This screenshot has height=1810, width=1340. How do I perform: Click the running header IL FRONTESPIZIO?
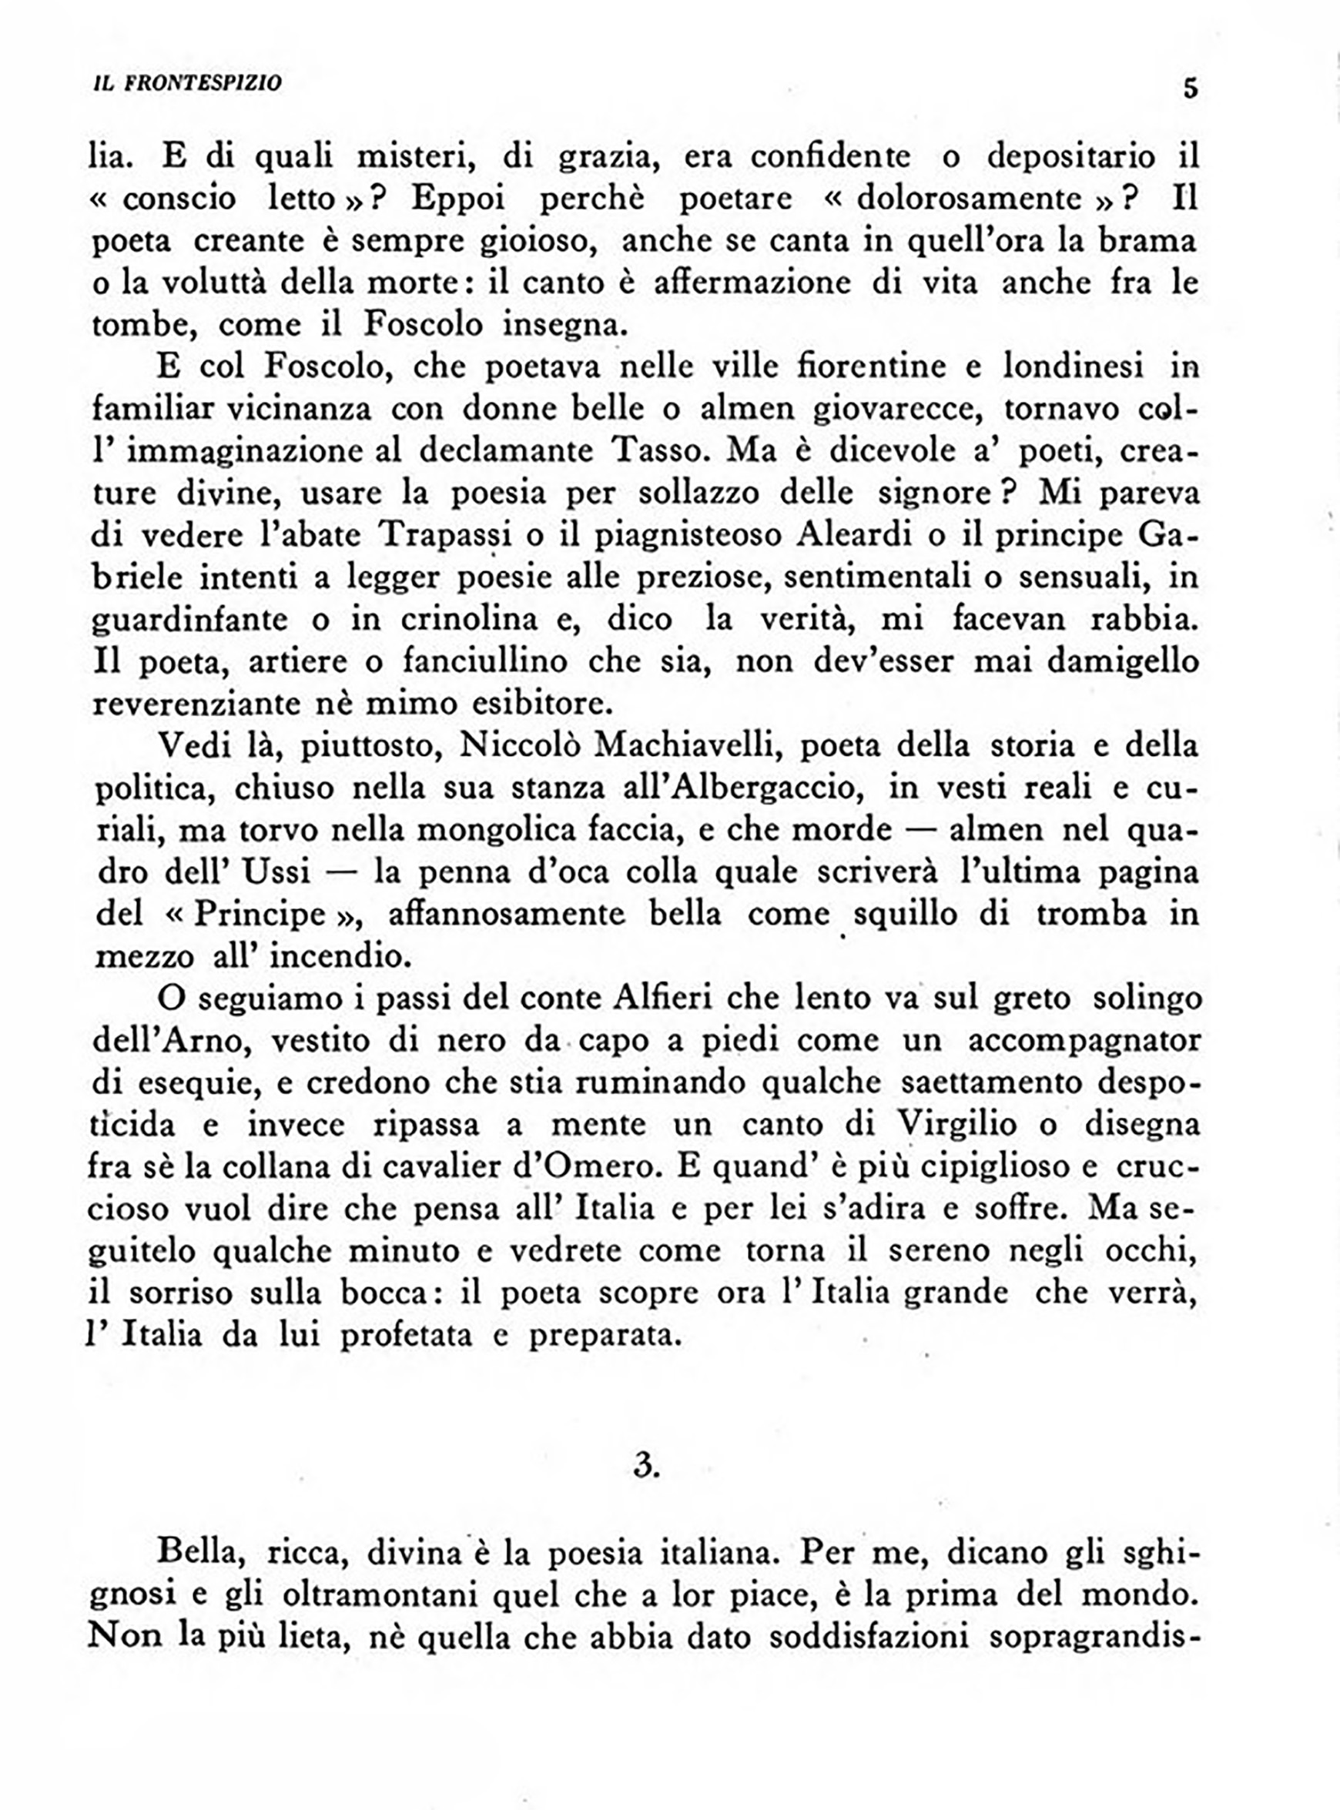(x=187, y=83)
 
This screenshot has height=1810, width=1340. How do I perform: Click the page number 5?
(x=1190, y=87)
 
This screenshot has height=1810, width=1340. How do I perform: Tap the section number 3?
(x=645, y=1465)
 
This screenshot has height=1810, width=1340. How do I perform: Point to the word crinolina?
(x=469, y=620)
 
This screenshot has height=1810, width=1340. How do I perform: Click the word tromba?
(x=1091, y=914)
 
